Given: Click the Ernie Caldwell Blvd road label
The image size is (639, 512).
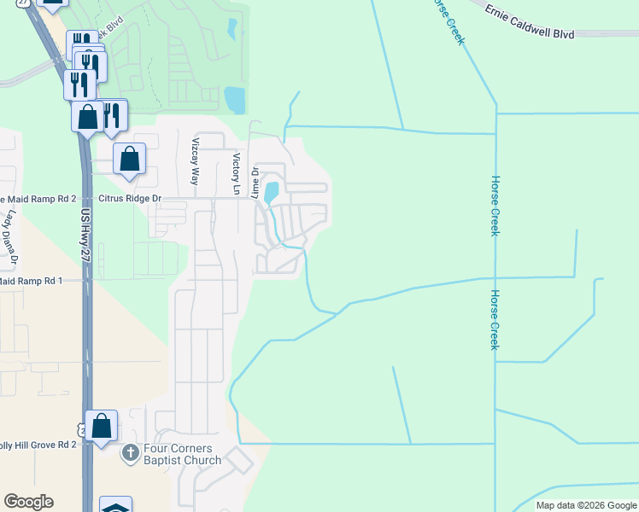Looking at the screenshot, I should tap(537, 22).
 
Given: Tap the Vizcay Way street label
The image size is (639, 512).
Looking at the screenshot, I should tap(196, 161).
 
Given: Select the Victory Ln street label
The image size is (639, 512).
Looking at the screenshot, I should tap(236, 172).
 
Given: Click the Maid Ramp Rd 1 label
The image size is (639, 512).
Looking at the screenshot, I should tap(32, 280).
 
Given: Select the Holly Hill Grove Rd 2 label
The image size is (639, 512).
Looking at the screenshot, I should tap(38, 445).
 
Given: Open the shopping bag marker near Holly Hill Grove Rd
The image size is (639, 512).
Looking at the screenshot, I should tap(101, 425).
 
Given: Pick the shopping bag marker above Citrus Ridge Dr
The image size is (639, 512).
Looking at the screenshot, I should tap(129, 159).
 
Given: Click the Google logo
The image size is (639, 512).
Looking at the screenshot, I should tap(28, 502).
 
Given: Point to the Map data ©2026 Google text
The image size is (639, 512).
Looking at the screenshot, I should tap(586, 505).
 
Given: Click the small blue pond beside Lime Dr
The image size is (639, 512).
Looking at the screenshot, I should tap(272, 191).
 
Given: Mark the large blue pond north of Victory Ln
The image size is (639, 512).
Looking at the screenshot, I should tap(235, 100).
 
